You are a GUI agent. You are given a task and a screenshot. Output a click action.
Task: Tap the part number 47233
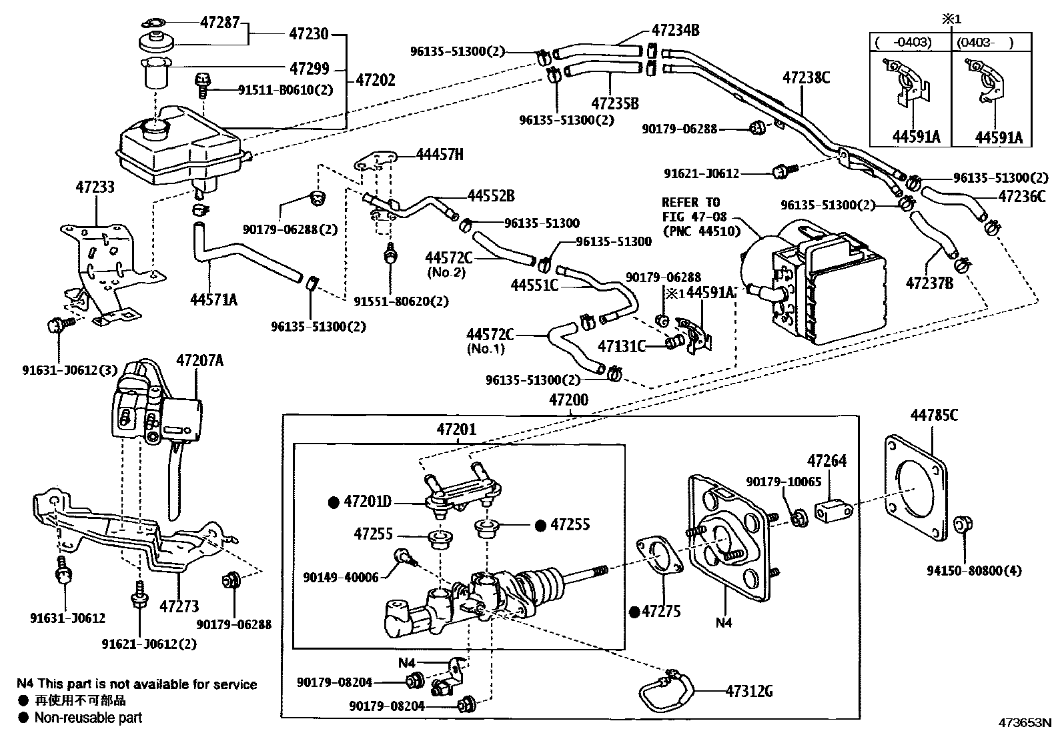click(94, 186)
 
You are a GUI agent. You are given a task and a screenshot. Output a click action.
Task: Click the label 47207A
click(199, 361)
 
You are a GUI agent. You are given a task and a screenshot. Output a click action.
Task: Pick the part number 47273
click(179, 606)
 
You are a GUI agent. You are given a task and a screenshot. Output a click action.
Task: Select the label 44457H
click(439, 155)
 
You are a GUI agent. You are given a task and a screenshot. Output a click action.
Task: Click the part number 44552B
click(491, 195)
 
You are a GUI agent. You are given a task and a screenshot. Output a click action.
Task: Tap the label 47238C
click(806, 78)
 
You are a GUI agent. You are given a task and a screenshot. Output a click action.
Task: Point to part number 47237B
click(929, 283)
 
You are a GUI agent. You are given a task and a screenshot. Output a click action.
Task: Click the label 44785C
click(934, 416)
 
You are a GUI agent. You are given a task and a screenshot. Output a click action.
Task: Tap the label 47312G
click(749, 691)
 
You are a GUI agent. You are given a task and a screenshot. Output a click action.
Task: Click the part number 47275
click(661, 611)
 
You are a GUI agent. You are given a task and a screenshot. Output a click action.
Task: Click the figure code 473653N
click(1025, 722)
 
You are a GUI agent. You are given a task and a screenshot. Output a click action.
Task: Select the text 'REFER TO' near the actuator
click(690, 202)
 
